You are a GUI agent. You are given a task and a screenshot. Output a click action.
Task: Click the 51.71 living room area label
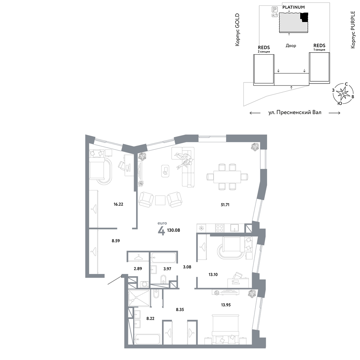(225, 204)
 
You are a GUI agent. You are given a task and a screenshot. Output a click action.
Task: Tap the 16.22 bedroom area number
(118, 204)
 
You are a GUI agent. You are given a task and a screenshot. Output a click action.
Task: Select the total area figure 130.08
(174, 230)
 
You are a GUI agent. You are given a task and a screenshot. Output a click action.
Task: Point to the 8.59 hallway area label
(116, 241)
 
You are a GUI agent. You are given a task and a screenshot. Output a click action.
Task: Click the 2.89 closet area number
(138, 269)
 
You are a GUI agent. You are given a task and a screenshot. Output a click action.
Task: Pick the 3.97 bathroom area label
(167, 269)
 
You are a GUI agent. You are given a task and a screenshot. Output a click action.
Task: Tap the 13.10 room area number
(213, 274)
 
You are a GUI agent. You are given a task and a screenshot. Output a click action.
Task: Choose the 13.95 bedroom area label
(226, 305)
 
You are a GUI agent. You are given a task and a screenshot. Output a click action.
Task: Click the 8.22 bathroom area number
(150, 319)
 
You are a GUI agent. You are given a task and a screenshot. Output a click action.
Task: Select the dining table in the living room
(227, 177)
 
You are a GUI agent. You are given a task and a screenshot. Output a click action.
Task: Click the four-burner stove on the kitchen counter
(220, 228)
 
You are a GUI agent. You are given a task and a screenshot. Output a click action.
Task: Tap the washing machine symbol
(145, 284)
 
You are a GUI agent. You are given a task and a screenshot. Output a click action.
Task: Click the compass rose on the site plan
(343, 94)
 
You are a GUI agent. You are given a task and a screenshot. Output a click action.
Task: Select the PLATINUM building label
(293, 7)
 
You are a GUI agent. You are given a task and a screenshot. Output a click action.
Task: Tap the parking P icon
(275, 9)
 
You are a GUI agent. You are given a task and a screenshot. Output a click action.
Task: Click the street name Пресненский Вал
(299, 112)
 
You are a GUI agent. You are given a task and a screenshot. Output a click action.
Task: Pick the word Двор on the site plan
(291, 45)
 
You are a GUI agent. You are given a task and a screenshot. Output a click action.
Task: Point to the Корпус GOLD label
(237, 30)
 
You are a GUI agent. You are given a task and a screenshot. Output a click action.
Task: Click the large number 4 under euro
(162, 231)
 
